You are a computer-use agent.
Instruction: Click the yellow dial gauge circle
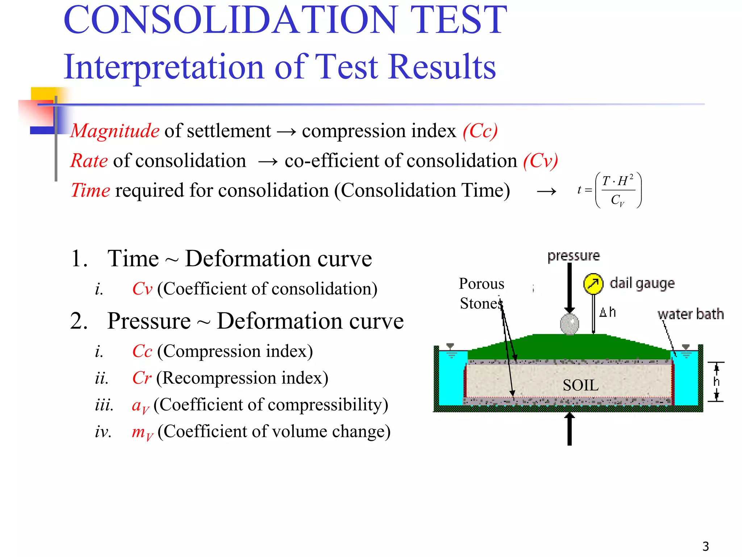[593, 284]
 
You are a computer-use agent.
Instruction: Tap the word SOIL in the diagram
[580, 385]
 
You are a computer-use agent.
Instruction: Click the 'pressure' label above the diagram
[574, 256]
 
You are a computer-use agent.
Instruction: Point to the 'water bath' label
[691, 314]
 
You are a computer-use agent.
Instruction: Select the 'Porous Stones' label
[482, 293]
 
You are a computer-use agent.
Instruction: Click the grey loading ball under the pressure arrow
[570, 324]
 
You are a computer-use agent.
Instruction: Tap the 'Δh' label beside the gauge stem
[608, 312]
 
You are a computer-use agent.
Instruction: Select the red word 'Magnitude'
[115, 131]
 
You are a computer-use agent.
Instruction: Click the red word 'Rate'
[89, 161]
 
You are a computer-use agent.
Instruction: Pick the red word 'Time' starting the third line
[91, 190]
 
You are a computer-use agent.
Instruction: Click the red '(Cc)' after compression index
[480, 131]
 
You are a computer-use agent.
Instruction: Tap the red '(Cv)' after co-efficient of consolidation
[540, 161]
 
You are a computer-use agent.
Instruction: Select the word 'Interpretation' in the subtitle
[163, 67]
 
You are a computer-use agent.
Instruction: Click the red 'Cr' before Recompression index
[142, 378]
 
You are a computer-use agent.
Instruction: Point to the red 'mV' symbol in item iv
[142, 432]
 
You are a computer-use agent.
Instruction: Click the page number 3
[705, 546]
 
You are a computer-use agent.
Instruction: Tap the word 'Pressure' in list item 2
[149, 321]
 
